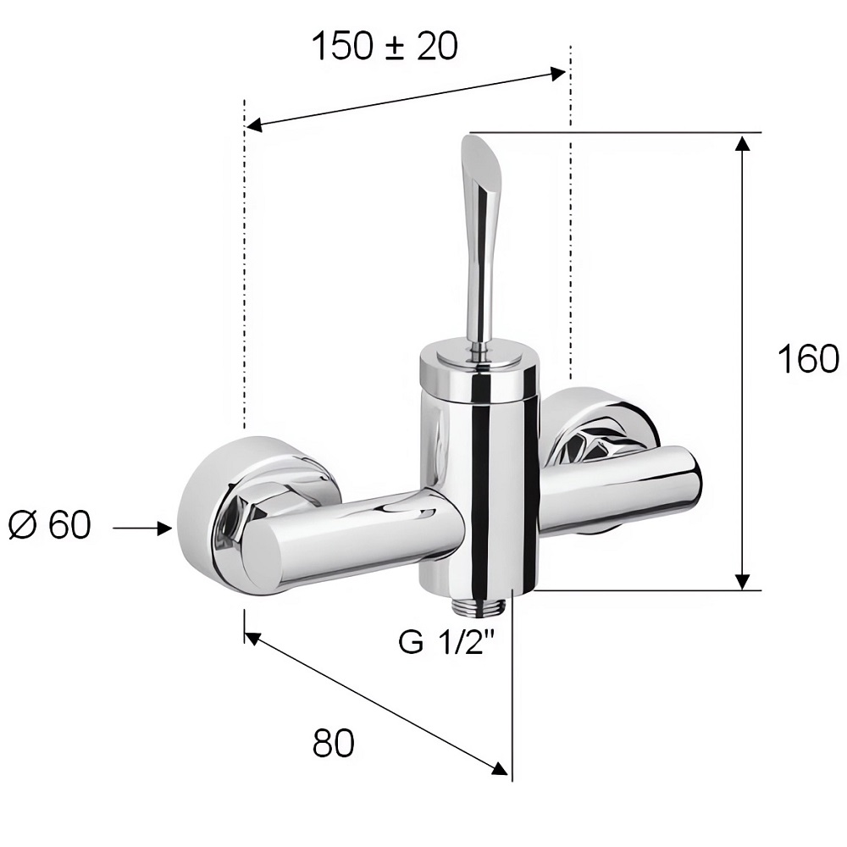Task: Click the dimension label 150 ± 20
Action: (x=385, y=46)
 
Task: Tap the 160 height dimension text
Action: (x=808, y=358)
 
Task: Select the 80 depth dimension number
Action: (x=333, y=743)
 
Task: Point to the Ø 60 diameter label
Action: (x=50, y=524)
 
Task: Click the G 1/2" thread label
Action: (x=446, y=642)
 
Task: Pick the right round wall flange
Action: (x=600, y=427)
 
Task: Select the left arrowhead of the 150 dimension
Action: (x=254, y=126)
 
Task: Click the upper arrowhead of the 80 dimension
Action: (x=254, y=638)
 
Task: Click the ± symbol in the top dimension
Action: (x=396, y=47)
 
